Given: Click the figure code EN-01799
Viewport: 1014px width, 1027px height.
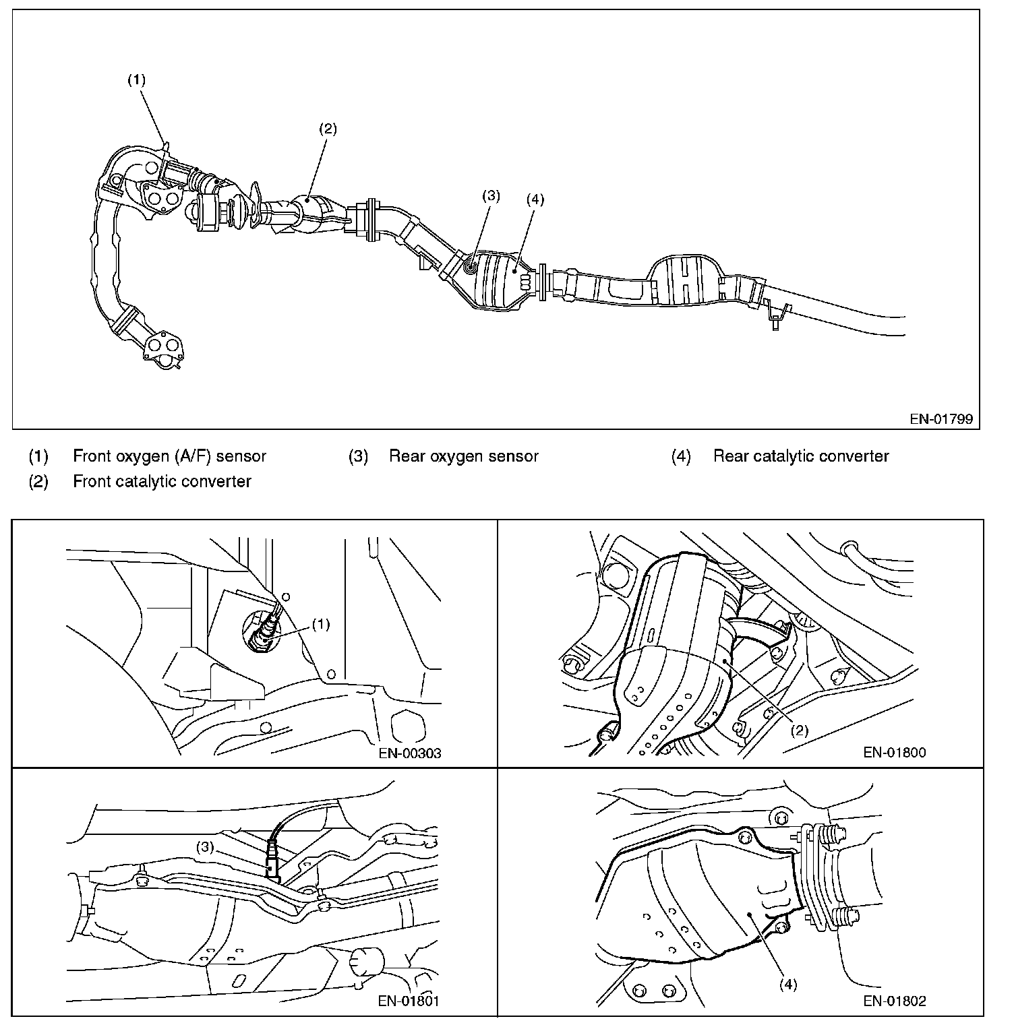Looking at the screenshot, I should tap(941, 418).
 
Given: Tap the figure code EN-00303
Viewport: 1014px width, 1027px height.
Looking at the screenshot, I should tap(410, 753).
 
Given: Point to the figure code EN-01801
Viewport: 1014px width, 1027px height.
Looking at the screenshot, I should tap(409, 1001).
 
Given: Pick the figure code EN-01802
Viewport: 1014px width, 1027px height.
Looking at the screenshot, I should tap(895, 1001).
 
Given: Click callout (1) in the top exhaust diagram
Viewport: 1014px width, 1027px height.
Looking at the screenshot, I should tap(137, 80).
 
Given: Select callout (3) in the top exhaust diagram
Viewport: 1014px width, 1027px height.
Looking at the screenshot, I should tap(491, 196).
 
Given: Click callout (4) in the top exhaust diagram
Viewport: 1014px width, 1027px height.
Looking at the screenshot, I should tap(535, 199).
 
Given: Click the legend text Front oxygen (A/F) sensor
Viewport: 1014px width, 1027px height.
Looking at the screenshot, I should tap(169, 456).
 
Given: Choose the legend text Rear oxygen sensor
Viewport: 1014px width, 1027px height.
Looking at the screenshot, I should tap(464, 456).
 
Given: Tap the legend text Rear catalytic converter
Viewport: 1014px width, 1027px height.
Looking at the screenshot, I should tap(801, 456).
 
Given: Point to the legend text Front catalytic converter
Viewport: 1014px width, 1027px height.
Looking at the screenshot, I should tap(162, 481).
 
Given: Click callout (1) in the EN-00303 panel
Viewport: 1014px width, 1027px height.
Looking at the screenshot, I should tap(321, 625).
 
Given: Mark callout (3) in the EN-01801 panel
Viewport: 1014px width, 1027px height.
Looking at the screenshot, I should tap(206, 848).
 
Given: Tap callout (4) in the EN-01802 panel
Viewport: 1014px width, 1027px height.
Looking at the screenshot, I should tap(787, 985).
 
